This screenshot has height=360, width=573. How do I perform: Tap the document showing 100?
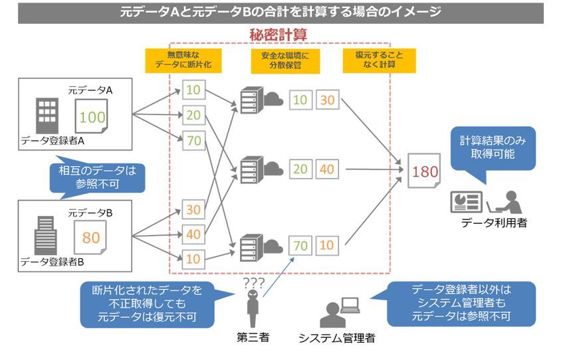(x=92, y=117)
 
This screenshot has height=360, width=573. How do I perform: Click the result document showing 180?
(x=424, y=171)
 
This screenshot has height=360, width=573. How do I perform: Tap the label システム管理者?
(x=336, y=338)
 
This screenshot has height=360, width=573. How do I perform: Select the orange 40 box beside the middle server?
(x=327, y=169)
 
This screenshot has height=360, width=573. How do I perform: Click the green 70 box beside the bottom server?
(x=300, y=246)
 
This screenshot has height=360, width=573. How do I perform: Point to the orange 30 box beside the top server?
(x=327, y=100)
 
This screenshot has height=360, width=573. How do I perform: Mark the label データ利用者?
(x=495, y=223)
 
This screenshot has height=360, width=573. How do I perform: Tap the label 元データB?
(x=90, y=213)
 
